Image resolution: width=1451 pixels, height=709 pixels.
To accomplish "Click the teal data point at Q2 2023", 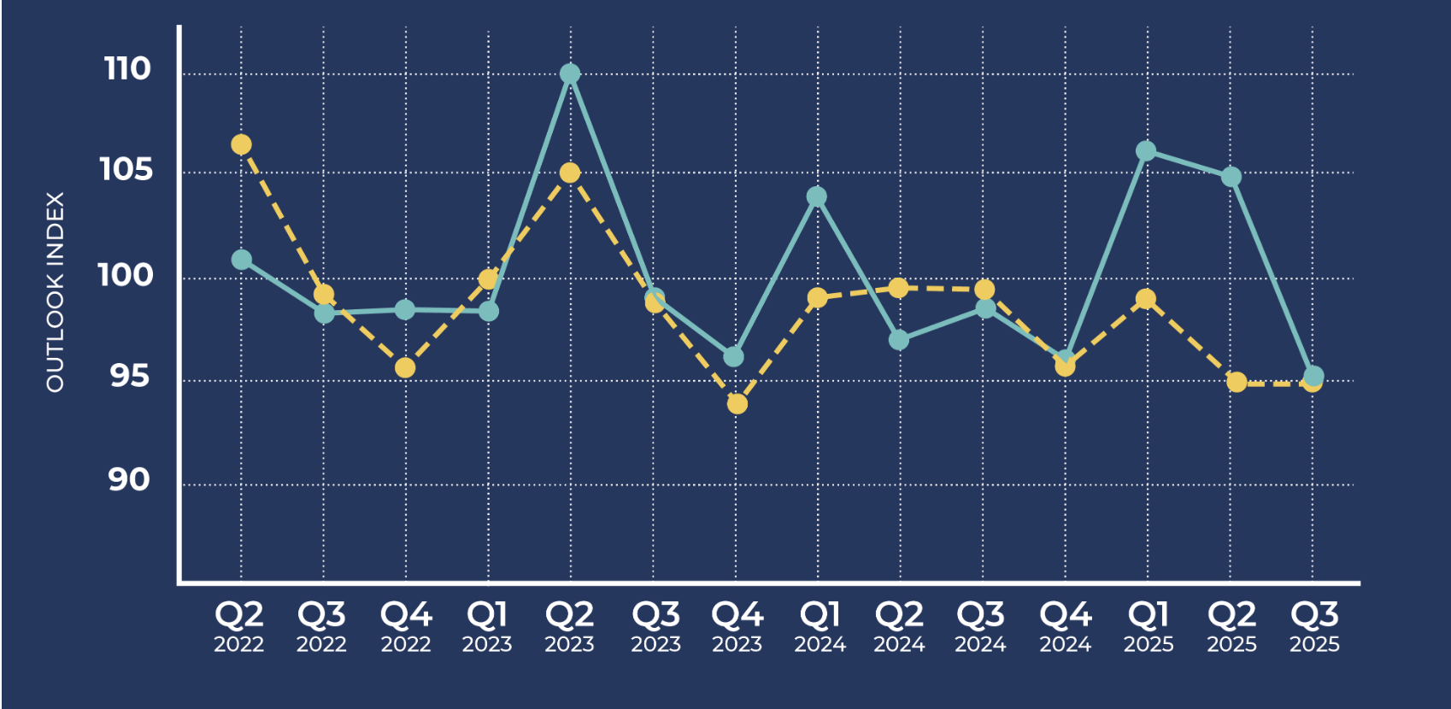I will pos(570,74).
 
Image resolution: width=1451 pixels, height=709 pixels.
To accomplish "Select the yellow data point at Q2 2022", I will pos(242,145).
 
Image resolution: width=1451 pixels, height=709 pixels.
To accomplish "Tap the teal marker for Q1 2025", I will pos(1146,151).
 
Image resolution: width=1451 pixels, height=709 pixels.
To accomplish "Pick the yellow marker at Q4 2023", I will pos(737,403).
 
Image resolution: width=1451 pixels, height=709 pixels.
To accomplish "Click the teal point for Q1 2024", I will pos(817,197).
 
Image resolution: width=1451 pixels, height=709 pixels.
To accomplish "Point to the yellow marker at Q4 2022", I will pos(405,368).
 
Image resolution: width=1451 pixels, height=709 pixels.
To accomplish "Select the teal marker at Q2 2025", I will pos(1231,177).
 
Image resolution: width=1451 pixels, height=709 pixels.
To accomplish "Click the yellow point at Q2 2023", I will pos(570,173).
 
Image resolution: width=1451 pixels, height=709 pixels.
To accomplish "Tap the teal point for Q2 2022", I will pos(242,260).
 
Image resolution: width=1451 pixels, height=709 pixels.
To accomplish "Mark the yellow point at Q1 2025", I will pos(1146,300).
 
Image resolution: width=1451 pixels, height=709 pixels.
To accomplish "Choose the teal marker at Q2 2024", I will pos(899,340).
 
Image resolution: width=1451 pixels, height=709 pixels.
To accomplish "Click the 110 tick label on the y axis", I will pos(127,69).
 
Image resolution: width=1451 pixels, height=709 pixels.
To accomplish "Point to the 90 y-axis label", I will pos(129,480).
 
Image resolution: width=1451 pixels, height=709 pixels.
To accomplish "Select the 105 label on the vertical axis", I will pos(126,169).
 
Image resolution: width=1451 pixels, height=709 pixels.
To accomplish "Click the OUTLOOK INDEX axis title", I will pos(56,292).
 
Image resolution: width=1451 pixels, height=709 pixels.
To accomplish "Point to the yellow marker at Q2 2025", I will pos(1237,382).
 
